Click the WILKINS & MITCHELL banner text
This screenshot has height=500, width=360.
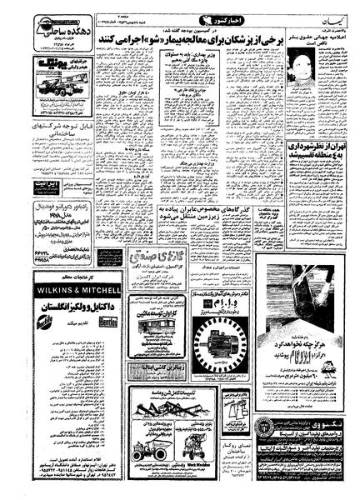point(76,290)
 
